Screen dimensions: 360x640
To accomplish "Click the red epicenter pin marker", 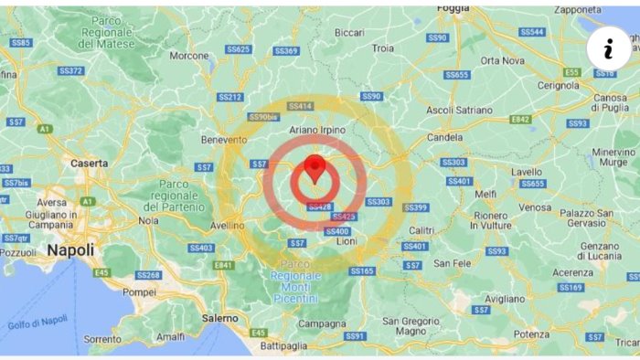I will (x=315, y=168).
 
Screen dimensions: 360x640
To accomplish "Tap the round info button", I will (x=608, y=48).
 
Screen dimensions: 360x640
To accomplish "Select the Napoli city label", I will (x=70, y=249).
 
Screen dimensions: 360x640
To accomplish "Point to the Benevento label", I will (x=224, y=140).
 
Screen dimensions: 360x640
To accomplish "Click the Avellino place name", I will (x=227, y=225).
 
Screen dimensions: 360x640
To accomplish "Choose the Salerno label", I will (x=219, y=318).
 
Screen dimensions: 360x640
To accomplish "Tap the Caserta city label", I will (x=89, y=164).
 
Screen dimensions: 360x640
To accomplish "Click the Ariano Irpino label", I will (x=317, y=131).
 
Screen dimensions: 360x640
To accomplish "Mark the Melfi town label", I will (x=485, y=194).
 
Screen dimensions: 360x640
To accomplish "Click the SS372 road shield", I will (x=70, y=70).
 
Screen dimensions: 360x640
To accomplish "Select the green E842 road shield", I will (x=520, y=119).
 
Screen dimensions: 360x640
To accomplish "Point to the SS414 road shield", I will (x=300, y=106).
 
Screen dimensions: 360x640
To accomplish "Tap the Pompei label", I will (x=139, y=292).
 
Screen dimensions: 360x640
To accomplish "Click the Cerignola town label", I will (x=558, y=84).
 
